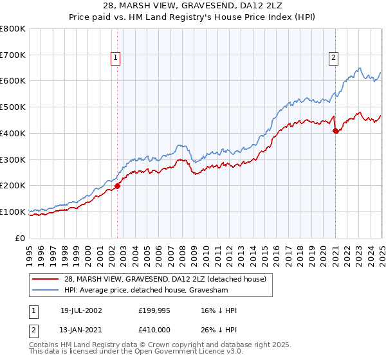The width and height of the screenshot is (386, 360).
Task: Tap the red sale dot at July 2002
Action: pos(117,186)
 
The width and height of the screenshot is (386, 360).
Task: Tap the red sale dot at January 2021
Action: pos(335,130)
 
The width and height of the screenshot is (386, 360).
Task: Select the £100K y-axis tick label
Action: pos(13,212)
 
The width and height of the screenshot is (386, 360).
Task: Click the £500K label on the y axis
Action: pos(13,107)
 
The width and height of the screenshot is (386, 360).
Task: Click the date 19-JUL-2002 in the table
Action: pos(82,310)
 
